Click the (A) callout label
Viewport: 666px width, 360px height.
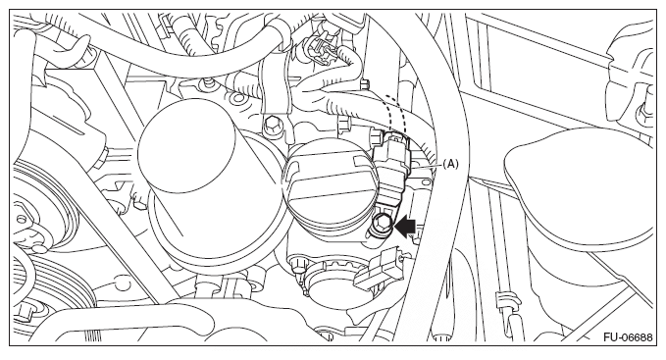450,164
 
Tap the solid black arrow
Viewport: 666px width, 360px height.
405,227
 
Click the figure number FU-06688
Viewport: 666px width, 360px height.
628,337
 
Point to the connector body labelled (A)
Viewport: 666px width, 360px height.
391,170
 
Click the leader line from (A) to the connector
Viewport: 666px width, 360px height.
425,166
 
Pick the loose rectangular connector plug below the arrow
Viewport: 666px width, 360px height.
380,269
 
